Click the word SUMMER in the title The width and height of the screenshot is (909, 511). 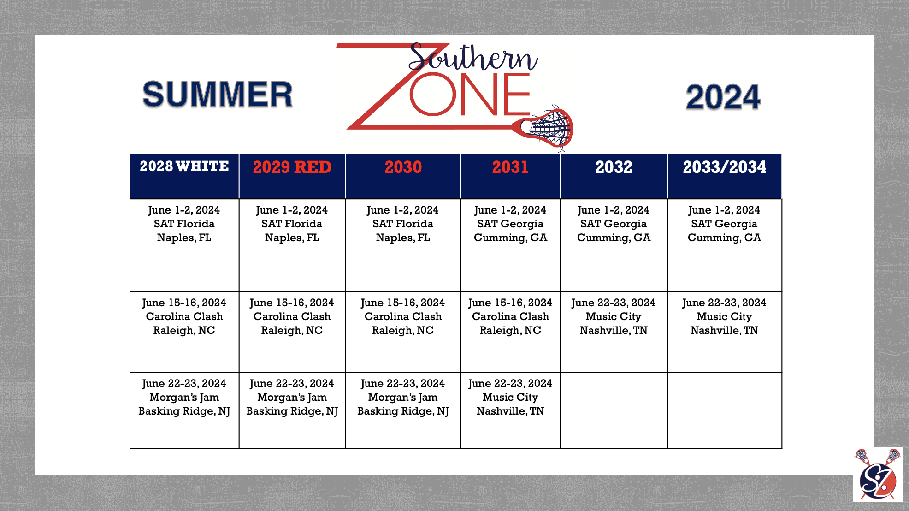218,95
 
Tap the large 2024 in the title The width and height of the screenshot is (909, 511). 723,97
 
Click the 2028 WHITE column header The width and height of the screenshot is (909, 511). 184,166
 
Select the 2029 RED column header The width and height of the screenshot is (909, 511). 292,167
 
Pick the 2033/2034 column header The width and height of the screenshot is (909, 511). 725,167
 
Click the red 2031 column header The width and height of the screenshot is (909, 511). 510,167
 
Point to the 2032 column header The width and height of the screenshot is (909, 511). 614,167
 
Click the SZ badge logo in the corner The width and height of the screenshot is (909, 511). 878,475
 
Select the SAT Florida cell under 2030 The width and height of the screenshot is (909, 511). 403,245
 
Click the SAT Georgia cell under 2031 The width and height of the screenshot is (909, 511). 511,245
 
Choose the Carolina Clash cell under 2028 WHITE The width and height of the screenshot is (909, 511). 184,332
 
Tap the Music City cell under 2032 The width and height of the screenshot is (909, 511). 614,332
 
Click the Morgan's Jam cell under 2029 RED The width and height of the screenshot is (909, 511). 292,410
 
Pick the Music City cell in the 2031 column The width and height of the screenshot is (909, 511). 511,410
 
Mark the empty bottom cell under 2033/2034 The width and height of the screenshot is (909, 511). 725,410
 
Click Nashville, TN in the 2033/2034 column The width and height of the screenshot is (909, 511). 724,330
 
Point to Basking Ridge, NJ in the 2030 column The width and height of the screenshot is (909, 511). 403,411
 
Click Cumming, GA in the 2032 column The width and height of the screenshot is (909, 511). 614,238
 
